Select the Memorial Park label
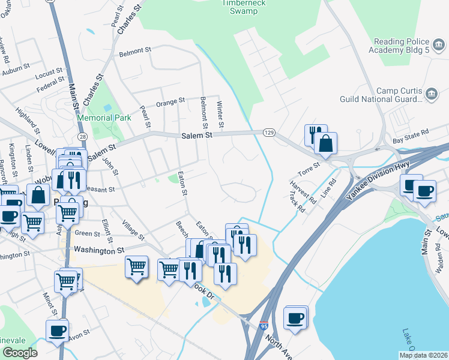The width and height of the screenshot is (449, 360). tap(104, 118)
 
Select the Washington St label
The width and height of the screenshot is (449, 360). tap(99, 250)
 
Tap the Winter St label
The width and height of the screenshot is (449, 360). tap(220, 113)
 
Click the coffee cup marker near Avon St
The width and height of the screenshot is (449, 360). tap(58, 330)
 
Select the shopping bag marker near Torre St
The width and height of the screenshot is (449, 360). tap(325, 143)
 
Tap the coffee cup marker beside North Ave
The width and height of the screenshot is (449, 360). tap(295, 317)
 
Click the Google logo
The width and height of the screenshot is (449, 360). tap(20, 353)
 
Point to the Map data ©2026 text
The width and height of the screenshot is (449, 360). tap(423, 355)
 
